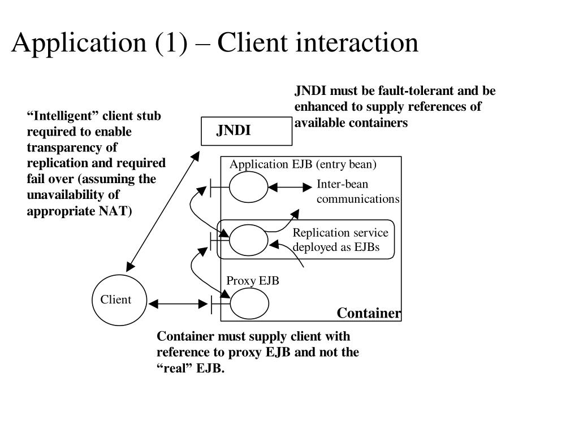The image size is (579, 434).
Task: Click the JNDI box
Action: click(247, 131)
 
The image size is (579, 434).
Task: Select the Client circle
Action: click(119, 300)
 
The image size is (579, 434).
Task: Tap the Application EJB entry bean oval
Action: click(249, 187)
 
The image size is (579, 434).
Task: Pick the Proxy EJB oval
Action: click(249, 303)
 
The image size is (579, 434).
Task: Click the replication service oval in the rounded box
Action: click(249, 240)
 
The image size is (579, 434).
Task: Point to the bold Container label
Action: click(369, 314)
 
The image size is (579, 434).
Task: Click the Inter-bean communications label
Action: click(357, 192)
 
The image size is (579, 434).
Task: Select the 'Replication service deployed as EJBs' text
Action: click(340, 240)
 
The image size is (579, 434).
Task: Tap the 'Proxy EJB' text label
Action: click(253, 281)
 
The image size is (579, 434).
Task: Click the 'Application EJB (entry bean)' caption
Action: click(303, 164)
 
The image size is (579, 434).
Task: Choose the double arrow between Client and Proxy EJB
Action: click(178, 304)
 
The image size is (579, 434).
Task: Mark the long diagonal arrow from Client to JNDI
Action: click(163, 210)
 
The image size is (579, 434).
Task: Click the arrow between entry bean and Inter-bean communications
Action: click(291, 186)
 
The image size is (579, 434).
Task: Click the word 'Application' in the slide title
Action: click(76, 43)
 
